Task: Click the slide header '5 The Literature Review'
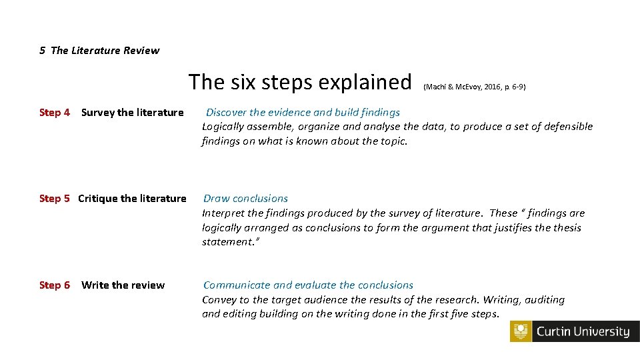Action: (x=99, y=50)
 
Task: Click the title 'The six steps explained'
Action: (x=299, y=82)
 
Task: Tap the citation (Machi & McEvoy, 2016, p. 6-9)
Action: (x=474, y=87)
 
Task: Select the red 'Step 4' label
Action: (x=55, y=113)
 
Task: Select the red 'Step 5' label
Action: (x=55, y=199)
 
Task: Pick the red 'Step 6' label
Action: (x=55, y=285)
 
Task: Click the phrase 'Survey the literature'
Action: (x=132, y=113)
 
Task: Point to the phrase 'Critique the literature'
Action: (x=132, y=199)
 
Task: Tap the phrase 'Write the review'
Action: (x=123, y=285)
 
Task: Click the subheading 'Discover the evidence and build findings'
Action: (x=303, y=113)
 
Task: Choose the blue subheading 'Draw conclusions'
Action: (x=245, y=199)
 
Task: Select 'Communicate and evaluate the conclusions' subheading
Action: (x=308, y=285)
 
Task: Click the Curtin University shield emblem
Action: (x=521, y=332)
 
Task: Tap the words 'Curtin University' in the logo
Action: (x=583, y=332)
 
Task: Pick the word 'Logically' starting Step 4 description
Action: (x=225, y=127)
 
